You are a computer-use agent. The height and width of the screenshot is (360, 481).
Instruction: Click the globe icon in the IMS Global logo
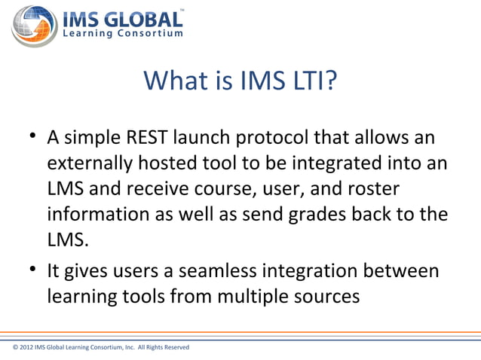point(35,24)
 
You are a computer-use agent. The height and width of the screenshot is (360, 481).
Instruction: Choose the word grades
point(323,215)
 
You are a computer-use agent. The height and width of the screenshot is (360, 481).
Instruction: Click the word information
point(98,215)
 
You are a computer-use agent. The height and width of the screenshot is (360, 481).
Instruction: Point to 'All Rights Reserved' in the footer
point(164,347)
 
